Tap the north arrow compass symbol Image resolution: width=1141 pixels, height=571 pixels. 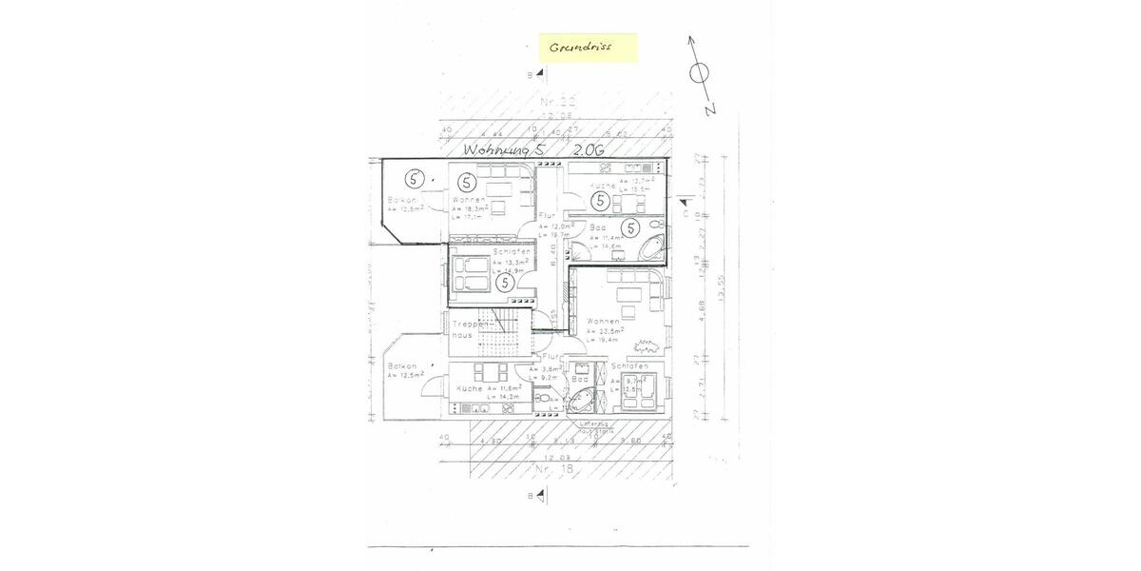699,72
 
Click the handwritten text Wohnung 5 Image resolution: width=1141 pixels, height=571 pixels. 505,150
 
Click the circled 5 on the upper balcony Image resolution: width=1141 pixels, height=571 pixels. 414,177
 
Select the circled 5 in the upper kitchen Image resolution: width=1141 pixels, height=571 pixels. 600,201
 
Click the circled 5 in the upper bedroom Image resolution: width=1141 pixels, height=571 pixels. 505,282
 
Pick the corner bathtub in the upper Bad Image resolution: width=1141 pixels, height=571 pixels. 652,250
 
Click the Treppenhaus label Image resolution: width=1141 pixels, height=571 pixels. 470,329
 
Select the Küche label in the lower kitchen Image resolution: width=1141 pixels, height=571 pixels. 470,389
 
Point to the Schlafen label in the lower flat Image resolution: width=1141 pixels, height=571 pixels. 629,366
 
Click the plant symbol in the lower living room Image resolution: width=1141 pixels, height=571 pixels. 648,344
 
